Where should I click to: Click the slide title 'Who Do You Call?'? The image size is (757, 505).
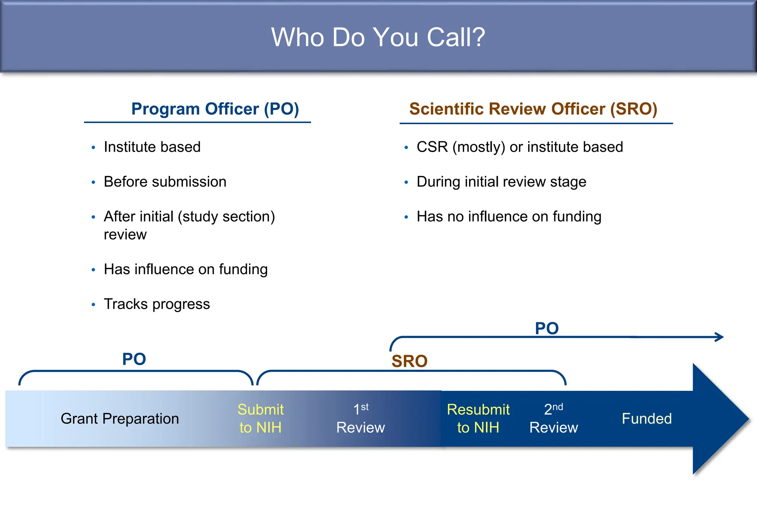coord(378,37)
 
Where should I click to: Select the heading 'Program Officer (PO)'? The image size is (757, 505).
coord(215,109)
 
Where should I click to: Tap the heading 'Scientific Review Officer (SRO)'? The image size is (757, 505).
coord(533,109)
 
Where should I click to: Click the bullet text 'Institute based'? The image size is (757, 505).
coord(152,147)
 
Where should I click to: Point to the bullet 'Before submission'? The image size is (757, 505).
coord(165,182)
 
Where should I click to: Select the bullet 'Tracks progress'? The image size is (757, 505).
coord(157,304)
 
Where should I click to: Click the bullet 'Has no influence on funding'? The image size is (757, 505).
coord(509,217)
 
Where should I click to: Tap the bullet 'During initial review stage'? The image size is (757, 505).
coord(501,182)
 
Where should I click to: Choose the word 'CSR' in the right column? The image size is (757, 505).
coord(432,147)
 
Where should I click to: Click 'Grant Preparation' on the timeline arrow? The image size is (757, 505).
coord(120,419)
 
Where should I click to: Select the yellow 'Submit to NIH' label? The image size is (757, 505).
coord(260,418)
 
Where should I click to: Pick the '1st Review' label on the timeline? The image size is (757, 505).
coord(360,418)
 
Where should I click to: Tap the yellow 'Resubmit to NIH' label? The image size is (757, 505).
coord(478,418)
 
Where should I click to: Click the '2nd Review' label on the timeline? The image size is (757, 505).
coord(553,418)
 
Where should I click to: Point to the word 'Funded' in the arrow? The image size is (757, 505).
coord(646,419)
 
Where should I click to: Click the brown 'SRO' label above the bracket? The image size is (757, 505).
coord(409,361)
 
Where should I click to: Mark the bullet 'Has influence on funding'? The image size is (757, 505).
coord(186,270)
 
